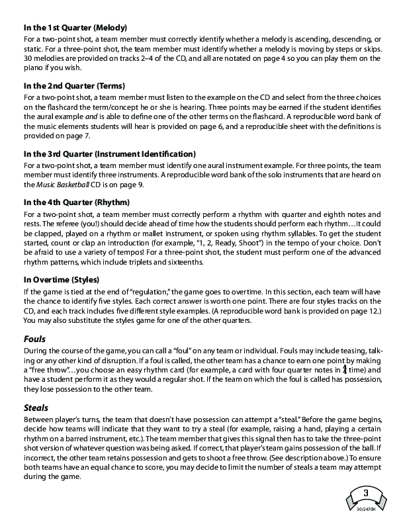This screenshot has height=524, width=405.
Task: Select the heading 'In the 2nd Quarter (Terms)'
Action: coord(74,87)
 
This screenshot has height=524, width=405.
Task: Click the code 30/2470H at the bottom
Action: coord(365,509)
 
